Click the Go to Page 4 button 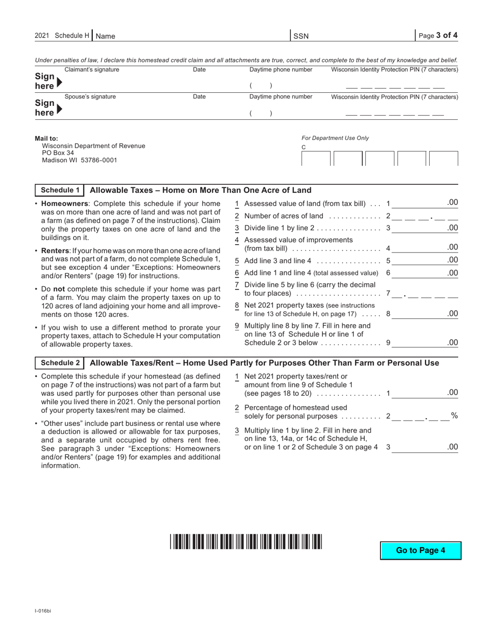point(420,550)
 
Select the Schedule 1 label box point(60,190)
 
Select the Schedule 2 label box point(60,363)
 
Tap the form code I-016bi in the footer point(43,611)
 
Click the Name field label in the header point(105,36)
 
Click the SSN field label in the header point(301,36)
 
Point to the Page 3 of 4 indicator point(438,35)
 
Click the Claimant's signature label point(91,70)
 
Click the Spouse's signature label point(90,96)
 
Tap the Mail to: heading point(47,138)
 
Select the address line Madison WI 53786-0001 point(79,160)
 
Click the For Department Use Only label point(335,138)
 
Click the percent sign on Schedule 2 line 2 point(454,415)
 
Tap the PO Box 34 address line point(58,153)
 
